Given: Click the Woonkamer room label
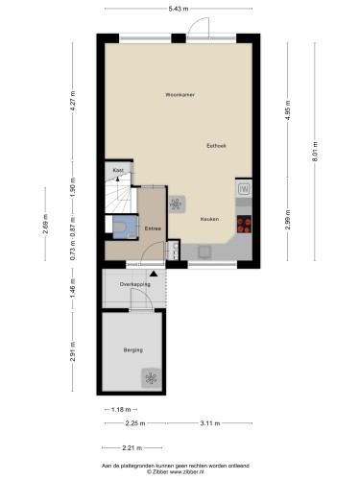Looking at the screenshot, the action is [x=180, y=95].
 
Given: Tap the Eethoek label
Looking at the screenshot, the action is [x=217, y=146].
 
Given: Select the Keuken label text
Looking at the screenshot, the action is [x=209, y=219].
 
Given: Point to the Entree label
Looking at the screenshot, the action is [x=153, y=228].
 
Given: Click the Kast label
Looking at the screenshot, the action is [x=118, y=171].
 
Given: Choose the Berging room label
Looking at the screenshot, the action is [x=133, y=350].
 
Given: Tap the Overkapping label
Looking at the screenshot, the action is [x=134, y=284].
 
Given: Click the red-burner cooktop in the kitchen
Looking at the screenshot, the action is [x=244, y=224].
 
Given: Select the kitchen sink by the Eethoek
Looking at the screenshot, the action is [x=244, y=189].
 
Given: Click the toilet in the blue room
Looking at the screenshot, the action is [x=120, y=227].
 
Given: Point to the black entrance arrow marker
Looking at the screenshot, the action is [x=154, y=274].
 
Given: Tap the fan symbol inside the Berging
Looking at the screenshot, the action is [x=151, y=378].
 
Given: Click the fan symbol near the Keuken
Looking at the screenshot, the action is [x=176, y=204].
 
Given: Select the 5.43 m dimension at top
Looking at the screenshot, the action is [x=179, y=9].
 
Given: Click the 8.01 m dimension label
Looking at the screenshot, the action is [x=316, y=152].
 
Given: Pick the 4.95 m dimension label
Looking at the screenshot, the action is [x=288, y=110].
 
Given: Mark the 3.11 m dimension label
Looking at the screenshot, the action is [x=210, y=423].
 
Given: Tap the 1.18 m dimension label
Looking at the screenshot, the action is [x=121, y=409].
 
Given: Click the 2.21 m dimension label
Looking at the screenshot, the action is [x=132, y=448].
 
